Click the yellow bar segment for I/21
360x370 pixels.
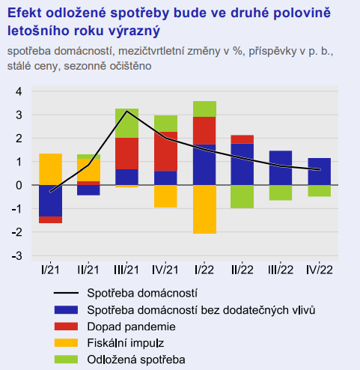click(51, 169)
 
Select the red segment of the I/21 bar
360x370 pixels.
click(51, 219)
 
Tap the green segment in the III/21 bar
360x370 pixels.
click(126, 124)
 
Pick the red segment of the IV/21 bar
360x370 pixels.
click(165, 151)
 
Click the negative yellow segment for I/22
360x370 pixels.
click(204, 210)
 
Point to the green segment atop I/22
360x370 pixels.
click(204, 109)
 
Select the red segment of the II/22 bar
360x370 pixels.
click(242, 139)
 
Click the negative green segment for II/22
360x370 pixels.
click(242, 197)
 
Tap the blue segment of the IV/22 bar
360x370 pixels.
click(320, 172)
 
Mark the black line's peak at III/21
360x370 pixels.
click(126, 111)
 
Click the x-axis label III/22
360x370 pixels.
click(281, 270)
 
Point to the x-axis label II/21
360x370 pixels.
click(88, 270)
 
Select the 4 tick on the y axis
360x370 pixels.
click(19, 91)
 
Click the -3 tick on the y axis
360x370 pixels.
click(17, 256)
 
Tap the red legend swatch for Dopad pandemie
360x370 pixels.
click(66, 327)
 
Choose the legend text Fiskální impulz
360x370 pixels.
click(126, 343)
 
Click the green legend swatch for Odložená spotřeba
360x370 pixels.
click(66, 360)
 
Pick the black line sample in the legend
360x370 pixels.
click(66, 293)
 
